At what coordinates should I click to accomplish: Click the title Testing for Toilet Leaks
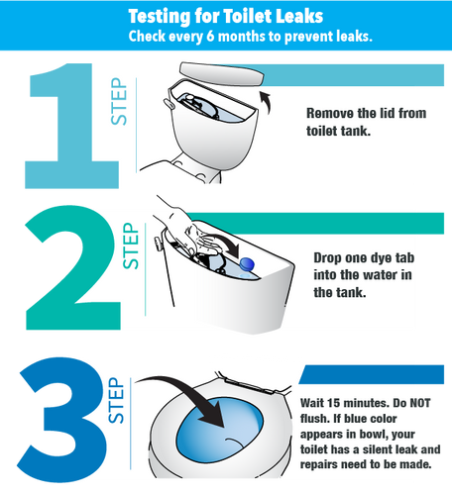pos(226,17)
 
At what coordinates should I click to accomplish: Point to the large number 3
pos(59,424)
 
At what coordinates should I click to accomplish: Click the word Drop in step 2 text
pos(330,256)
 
